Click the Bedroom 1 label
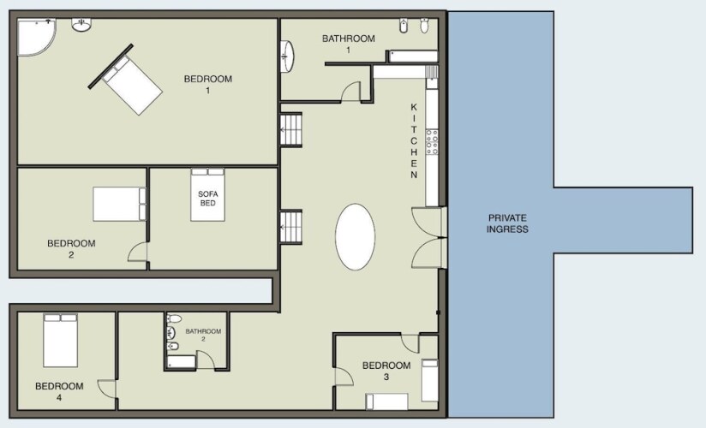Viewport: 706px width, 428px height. tap(208, 85)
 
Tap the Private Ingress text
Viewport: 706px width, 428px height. tap(507, 223)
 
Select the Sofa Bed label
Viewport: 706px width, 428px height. tap(207, 199)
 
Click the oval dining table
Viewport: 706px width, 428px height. tap(356, 237)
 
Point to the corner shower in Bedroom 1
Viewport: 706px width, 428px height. tap(36, 37)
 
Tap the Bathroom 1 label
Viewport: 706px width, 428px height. tap(349, 44)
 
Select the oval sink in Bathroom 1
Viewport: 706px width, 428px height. tap(288, 56)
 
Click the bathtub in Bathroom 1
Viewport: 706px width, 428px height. tap(413, 56)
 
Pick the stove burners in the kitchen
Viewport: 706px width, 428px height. tap(432, 142)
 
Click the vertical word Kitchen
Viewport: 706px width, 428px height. tap(414, 141)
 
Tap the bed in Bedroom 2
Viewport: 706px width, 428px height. tap(120, 204)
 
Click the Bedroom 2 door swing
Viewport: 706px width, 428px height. tap(138, 251)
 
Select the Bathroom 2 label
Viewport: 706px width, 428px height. tap(203, 335)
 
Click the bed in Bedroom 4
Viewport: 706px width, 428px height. tap(60, 341)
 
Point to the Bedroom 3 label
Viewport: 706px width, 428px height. tap(386, 371)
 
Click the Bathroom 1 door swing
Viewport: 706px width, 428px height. tap(351, 92)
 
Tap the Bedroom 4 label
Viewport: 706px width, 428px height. tap(59, 391)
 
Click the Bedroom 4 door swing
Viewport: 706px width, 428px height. tap(107, 389)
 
